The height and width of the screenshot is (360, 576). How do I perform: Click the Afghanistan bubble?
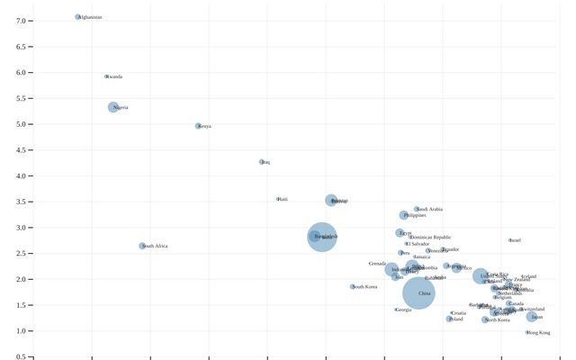point(78,17)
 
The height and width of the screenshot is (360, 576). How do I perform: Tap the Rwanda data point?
point(106,76)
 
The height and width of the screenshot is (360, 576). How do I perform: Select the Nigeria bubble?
point(113,107)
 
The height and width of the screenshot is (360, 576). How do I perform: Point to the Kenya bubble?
point(198,126)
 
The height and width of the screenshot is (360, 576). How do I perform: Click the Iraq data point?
point(262,162)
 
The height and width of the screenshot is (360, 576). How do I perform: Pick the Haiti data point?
point(278,199)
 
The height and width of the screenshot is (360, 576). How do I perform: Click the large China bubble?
point(418,293)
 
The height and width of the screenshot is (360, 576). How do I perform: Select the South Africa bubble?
point(142,246)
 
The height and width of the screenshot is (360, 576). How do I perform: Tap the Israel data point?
point(509,240)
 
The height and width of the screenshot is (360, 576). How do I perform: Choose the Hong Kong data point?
point(527,332)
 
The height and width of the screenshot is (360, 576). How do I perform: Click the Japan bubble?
point(532,317)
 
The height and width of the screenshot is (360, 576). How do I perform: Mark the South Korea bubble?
point(353,287)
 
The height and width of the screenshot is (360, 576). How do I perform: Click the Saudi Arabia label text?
point(430,209)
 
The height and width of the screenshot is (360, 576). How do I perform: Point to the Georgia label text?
point(404,310)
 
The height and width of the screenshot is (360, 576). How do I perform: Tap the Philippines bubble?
point(404,215)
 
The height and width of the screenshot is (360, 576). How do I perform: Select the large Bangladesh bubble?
point(321,236)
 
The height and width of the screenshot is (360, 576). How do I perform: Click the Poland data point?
point(449,319)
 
